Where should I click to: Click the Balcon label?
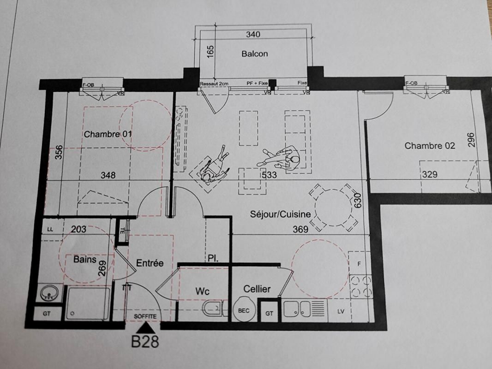click(x=254, y=54)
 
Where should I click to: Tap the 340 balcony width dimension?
click(x=253, y=34)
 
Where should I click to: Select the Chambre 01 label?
click(x=108, y=134)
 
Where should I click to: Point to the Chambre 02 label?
click(x=429, y=146)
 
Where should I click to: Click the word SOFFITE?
click(x=145, y=316)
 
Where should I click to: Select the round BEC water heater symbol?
click(x=244, y=310)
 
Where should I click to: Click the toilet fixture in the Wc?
click(x=213, y=308)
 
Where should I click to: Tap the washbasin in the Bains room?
click(x=50, y=292)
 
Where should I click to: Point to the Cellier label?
click(x=257, y=289)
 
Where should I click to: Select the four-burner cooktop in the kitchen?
click(x=361, y=286)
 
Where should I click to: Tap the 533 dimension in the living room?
click(x=269, y=175)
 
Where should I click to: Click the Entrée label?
click(x=150, y=263)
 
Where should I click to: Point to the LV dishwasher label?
click(x=341, y=311)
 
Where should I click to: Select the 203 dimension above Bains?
click(x=79, y=228)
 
